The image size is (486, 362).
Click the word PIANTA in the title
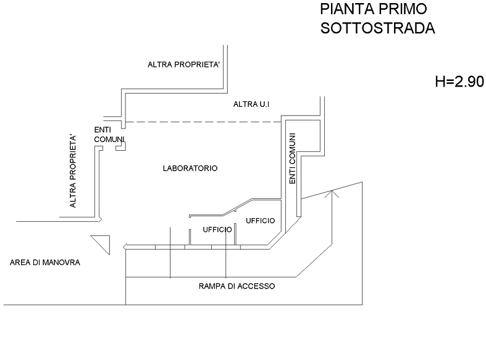pos(345,9)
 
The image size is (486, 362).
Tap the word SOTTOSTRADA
pos(378,28)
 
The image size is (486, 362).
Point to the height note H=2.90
pos(459,82)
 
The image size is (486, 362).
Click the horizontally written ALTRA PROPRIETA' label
pos(183,65)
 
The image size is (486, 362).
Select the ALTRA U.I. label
pos(251,104)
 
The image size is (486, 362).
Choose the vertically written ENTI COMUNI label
pos(292,159)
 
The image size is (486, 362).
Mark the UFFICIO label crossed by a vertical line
pos(217,229)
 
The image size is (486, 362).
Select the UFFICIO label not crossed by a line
pos(260,221)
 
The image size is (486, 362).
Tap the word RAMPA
pos(211,287)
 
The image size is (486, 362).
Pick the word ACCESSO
pos(255,287)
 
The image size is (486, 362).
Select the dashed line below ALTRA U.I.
pos(204,122)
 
